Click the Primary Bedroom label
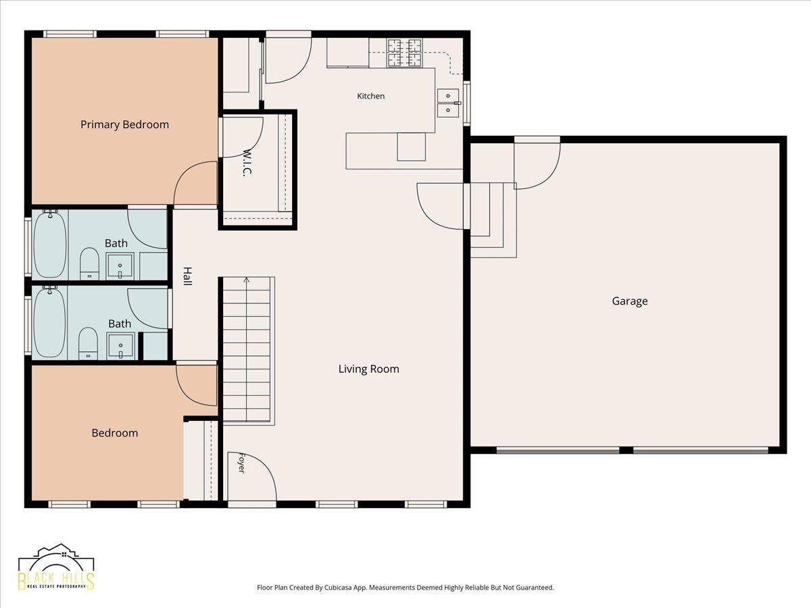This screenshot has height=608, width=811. [x=124, y=124]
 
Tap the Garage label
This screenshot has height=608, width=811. [x=630, y=301]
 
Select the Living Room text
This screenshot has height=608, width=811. [x=369, y=369]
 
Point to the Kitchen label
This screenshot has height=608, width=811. [x=370, y=96]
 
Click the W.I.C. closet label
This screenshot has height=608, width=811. [x=247, y=163]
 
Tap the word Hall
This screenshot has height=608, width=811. [x=188, y=276]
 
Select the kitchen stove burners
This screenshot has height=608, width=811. [x=404, y=53]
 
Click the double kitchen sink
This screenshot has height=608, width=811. [x=448, y=103]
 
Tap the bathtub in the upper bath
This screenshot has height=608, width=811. [x=50, y=244]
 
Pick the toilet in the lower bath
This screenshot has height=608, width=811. [x=88, y=343]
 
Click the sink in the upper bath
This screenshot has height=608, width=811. [x=120, y=266]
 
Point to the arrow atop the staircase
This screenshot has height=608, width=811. [x=247, y=280]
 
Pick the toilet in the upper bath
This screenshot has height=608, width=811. [x=89, y=263]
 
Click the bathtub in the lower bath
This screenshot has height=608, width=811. [x=50, y=322]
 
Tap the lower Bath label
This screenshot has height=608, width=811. [x=120, y=324]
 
